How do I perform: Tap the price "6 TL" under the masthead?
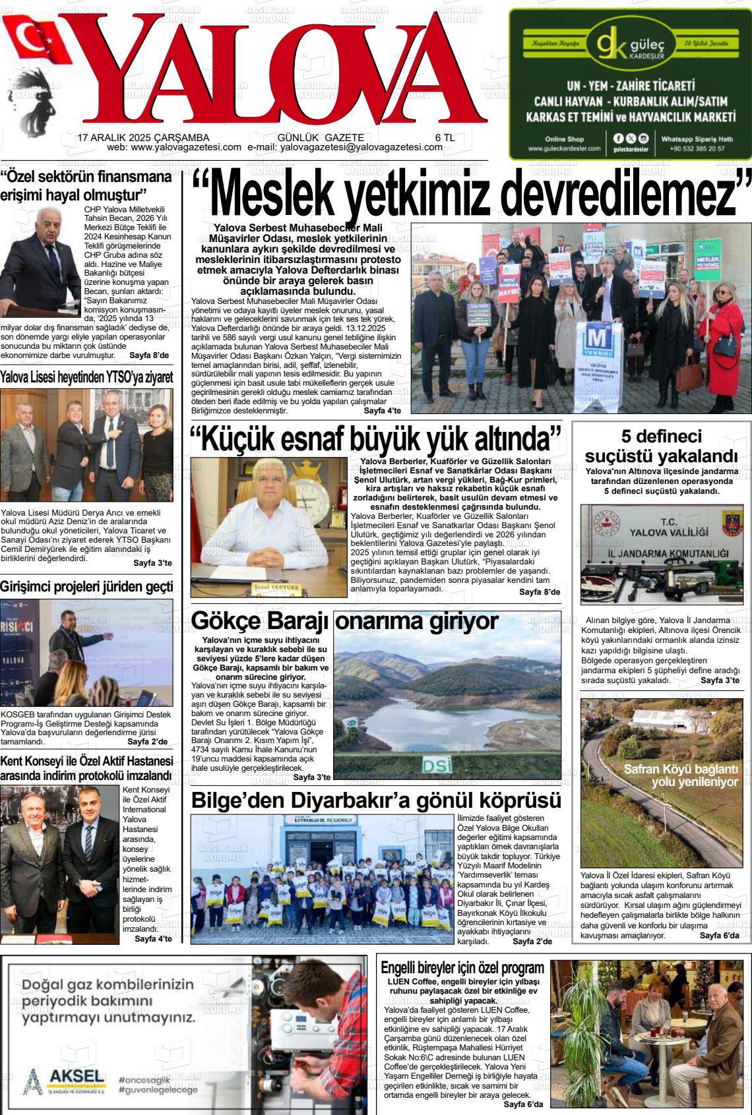445,137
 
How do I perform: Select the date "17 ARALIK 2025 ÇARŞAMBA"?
143,137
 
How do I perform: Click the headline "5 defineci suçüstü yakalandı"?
661,446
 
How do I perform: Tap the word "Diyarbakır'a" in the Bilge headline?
387,800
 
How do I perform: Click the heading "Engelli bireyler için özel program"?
462,968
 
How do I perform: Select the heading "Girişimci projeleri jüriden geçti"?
86,587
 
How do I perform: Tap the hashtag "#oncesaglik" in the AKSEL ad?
144,1079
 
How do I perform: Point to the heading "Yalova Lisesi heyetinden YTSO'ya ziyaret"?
86,378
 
